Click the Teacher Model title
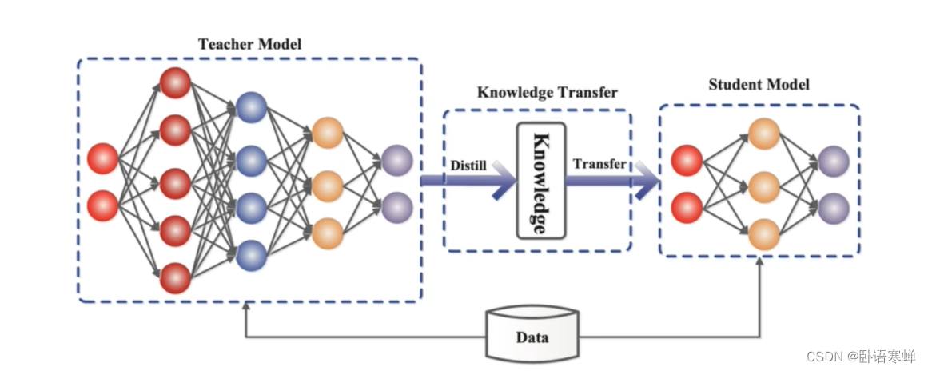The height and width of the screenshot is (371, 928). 249,44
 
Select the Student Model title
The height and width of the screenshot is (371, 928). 759,84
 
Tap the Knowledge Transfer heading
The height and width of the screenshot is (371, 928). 547,92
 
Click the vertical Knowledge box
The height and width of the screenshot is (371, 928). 540,181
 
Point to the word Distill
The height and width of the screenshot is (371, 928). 468,165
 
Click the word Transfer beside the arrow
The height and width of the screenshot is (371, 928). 599,165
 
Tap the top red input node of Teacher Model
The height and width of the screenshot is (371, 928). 102,158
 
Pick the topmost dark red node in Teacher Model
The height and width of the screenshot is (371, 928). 175,83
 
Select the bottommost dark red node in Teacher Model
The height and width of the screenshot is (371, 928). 175,278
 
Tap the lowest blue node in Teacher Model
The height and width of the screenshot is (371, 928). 251,254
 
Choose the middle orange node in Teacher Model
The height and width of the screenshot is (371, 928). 328,185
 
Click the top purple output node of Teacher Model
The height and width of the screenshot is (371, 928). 396,160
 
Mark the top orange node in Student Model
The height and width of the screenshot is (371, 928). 763,134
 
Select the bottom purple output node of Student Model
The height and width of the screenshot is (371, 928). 832,208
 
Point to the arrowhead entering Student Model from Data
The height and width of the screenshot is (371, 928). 759,265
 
